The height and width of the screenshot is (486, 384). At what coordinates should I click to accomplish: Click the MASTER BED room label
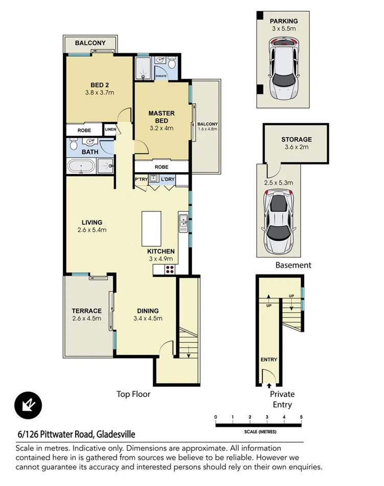[x=162, y=117]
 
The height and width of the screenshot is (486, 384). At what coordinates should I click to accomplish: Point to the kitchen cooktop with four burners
[x=169, y=270]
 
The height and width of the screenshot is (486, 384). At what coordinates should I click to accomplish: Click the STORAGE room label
[x=296, y=139]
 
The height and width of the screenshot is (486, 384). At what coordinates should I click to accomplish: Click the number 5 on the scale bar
[x=302, y=417]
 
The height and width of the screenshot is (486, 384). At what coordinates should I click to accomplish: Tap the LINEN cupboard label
[x=110, y=130]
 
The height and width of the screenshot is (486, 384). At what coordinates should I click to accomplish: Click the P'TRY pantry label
[x=141, y=180]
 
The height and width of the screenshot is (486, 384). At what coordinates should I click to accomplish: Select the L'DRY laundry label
[x=168, y=180]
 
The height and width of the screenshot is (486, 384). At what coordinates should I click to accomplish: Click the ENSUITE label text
[x=162, y=74]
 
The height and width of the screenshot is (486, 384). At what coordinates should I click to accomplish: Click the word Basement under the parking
[x=293, y=265]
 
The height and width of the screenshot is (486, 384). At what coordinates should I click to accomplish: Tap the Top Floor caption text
[x=133, y=394]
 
